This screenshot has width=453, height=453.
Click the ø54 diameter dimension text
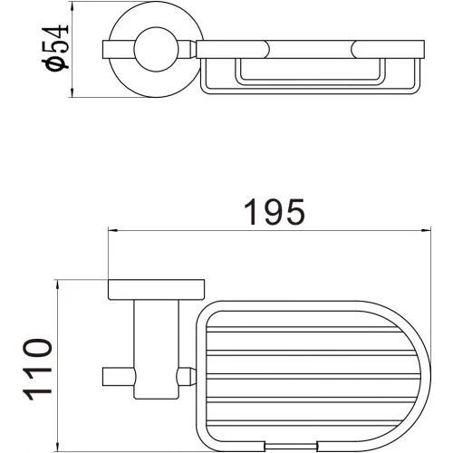pos(58,51)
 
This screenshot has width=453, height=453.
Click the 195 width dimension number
pos(273,214)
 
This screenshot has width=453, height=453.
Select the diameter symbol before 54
pos(58,68)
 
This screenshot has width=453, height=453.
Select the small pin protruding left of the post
pos(111,373)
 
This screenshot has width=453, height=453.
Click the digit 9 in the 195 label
pos(273,214)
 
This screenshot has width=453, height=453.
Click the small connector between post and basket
pos(188,374)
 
